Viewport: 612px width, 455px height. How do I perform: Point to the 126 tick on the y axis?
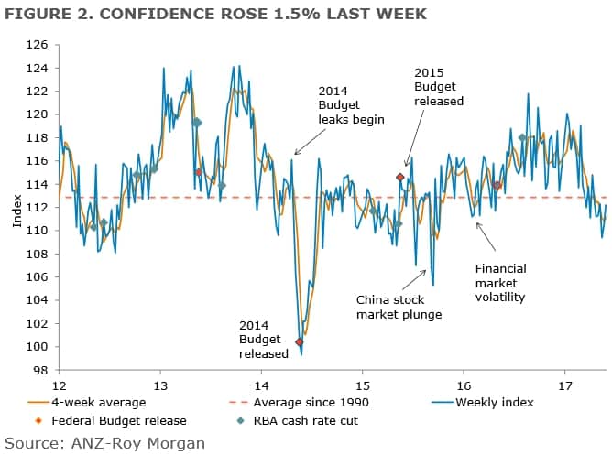point(37,44)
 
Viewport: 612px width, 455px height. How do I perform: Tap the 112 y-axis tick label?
point(37,207)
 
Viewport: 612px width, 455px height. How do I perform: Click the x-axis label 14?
point(261,386)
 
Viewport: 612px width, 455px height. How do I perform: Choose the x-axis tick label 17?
point(564,386)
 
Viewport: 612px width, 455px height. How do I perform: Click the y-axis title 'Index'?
point(16,208)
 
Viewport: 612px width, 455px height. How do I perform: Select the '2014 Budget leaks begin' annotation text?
point(351,105)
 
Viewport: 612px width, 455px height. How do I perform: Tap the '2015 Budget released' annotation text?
point(439,86)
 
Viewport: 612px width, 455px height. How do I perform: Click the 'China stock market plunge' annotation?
point(399,307)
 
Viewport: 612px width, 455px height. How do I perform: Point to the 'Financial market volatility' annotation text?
point(500,283)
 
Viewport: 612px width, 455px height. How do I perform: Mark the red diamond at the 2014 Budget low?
point(300,341)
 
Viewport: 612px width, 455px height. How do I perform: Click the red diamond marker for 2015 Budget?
point(400,177)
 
